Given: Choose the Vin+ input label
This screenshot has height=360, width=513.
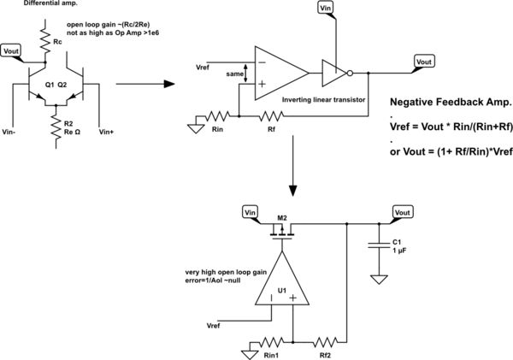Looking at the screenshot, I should click(108, 132).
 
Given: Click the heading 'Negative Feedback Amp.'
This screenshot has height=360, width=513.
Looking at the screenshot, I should click(450, 101).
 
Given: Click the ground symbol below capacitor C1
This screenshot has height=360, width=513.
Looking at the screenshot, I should click(376, 279).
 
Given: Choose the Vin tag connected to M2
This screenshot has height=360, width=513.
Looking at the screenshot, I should click(251, 212).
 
